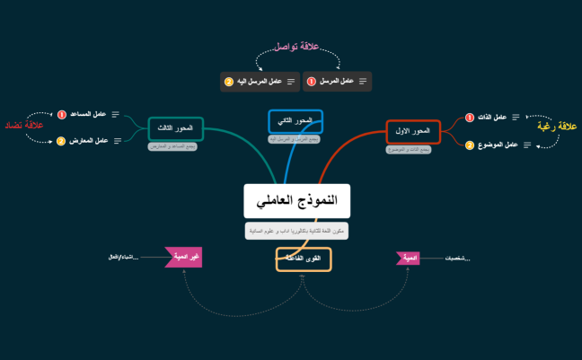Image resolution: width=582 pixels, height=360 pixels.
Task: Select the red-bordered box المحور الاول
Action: click(x=413, y=132)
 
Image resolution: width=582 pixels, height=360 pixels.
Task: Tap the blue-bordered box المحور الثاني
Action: click(x=295, y=121)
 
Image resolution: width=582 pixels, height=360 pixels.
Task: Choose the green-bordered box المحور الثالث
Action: click(x=176, y=129)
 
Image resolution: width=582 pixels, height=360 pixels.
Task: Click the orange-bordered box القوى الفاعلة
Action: click(x=304, y=259)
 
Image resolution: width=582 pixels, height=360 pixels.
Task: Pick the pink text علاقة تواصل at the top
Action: click(x=297, y=45)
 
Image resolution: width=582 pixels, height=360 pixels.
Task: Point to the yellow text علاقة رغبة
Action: click(x=556, y=127)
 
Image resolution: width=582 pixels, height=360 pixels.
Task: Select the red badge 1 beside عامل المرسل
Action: click(x=312, y=82)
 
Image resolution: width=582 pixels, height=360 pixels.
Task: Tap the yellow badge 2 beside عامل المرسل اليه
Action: click(x=229, y=82)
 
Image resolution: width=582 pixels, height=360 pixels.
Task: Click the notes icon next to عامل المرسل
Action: click(x=362, y=82)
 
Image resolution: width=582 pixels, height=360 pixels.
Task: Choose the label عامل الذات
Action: click(x=494, y=117)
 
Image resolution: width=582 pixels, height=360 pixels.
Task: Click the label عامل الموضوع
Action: click(x=498, y=145)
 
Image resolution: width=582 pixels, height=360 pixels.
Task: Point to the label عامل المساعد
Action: click(x=88, y=114)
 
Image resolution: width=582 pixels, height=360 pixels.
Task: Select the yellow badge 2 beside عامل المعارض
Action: click(x=61, y=141)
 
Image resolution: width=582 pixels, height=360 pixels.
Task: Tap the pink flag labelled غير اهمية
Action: click(x=184, y=258)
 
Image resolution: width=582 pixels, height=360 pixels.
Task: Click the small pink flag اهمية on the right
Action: click(x=408, y=259)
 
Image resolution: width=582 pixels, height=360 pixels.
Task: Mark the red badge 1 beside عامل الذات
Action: click(x=469, y=117)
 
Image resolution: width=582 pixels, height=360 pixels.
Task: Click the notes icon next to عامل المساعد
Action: click(x=115, y=114)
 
